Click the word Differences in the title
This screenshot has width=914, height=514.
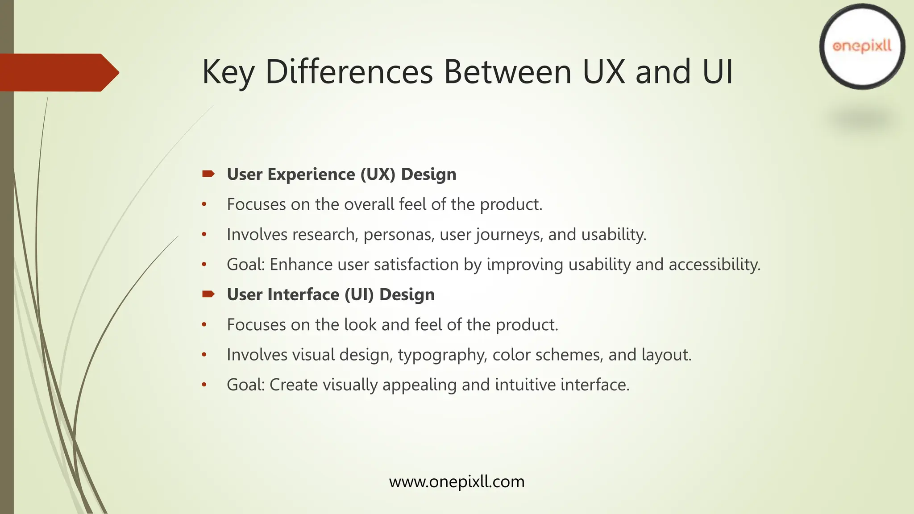pos(349,72)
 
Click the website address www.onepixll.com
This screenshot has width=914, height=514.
pos(457,482)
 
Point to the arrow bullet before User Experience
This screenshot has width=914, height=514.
pos(208,174)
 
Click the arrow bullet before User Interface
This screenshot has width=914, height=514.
pos(208,294)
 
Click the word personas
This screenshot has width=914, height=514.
pos(399,235)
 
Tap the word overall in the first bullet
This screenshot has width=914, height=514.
pos(369,204)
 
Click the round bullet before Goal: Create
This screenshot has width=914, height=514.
pos(204,385)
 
